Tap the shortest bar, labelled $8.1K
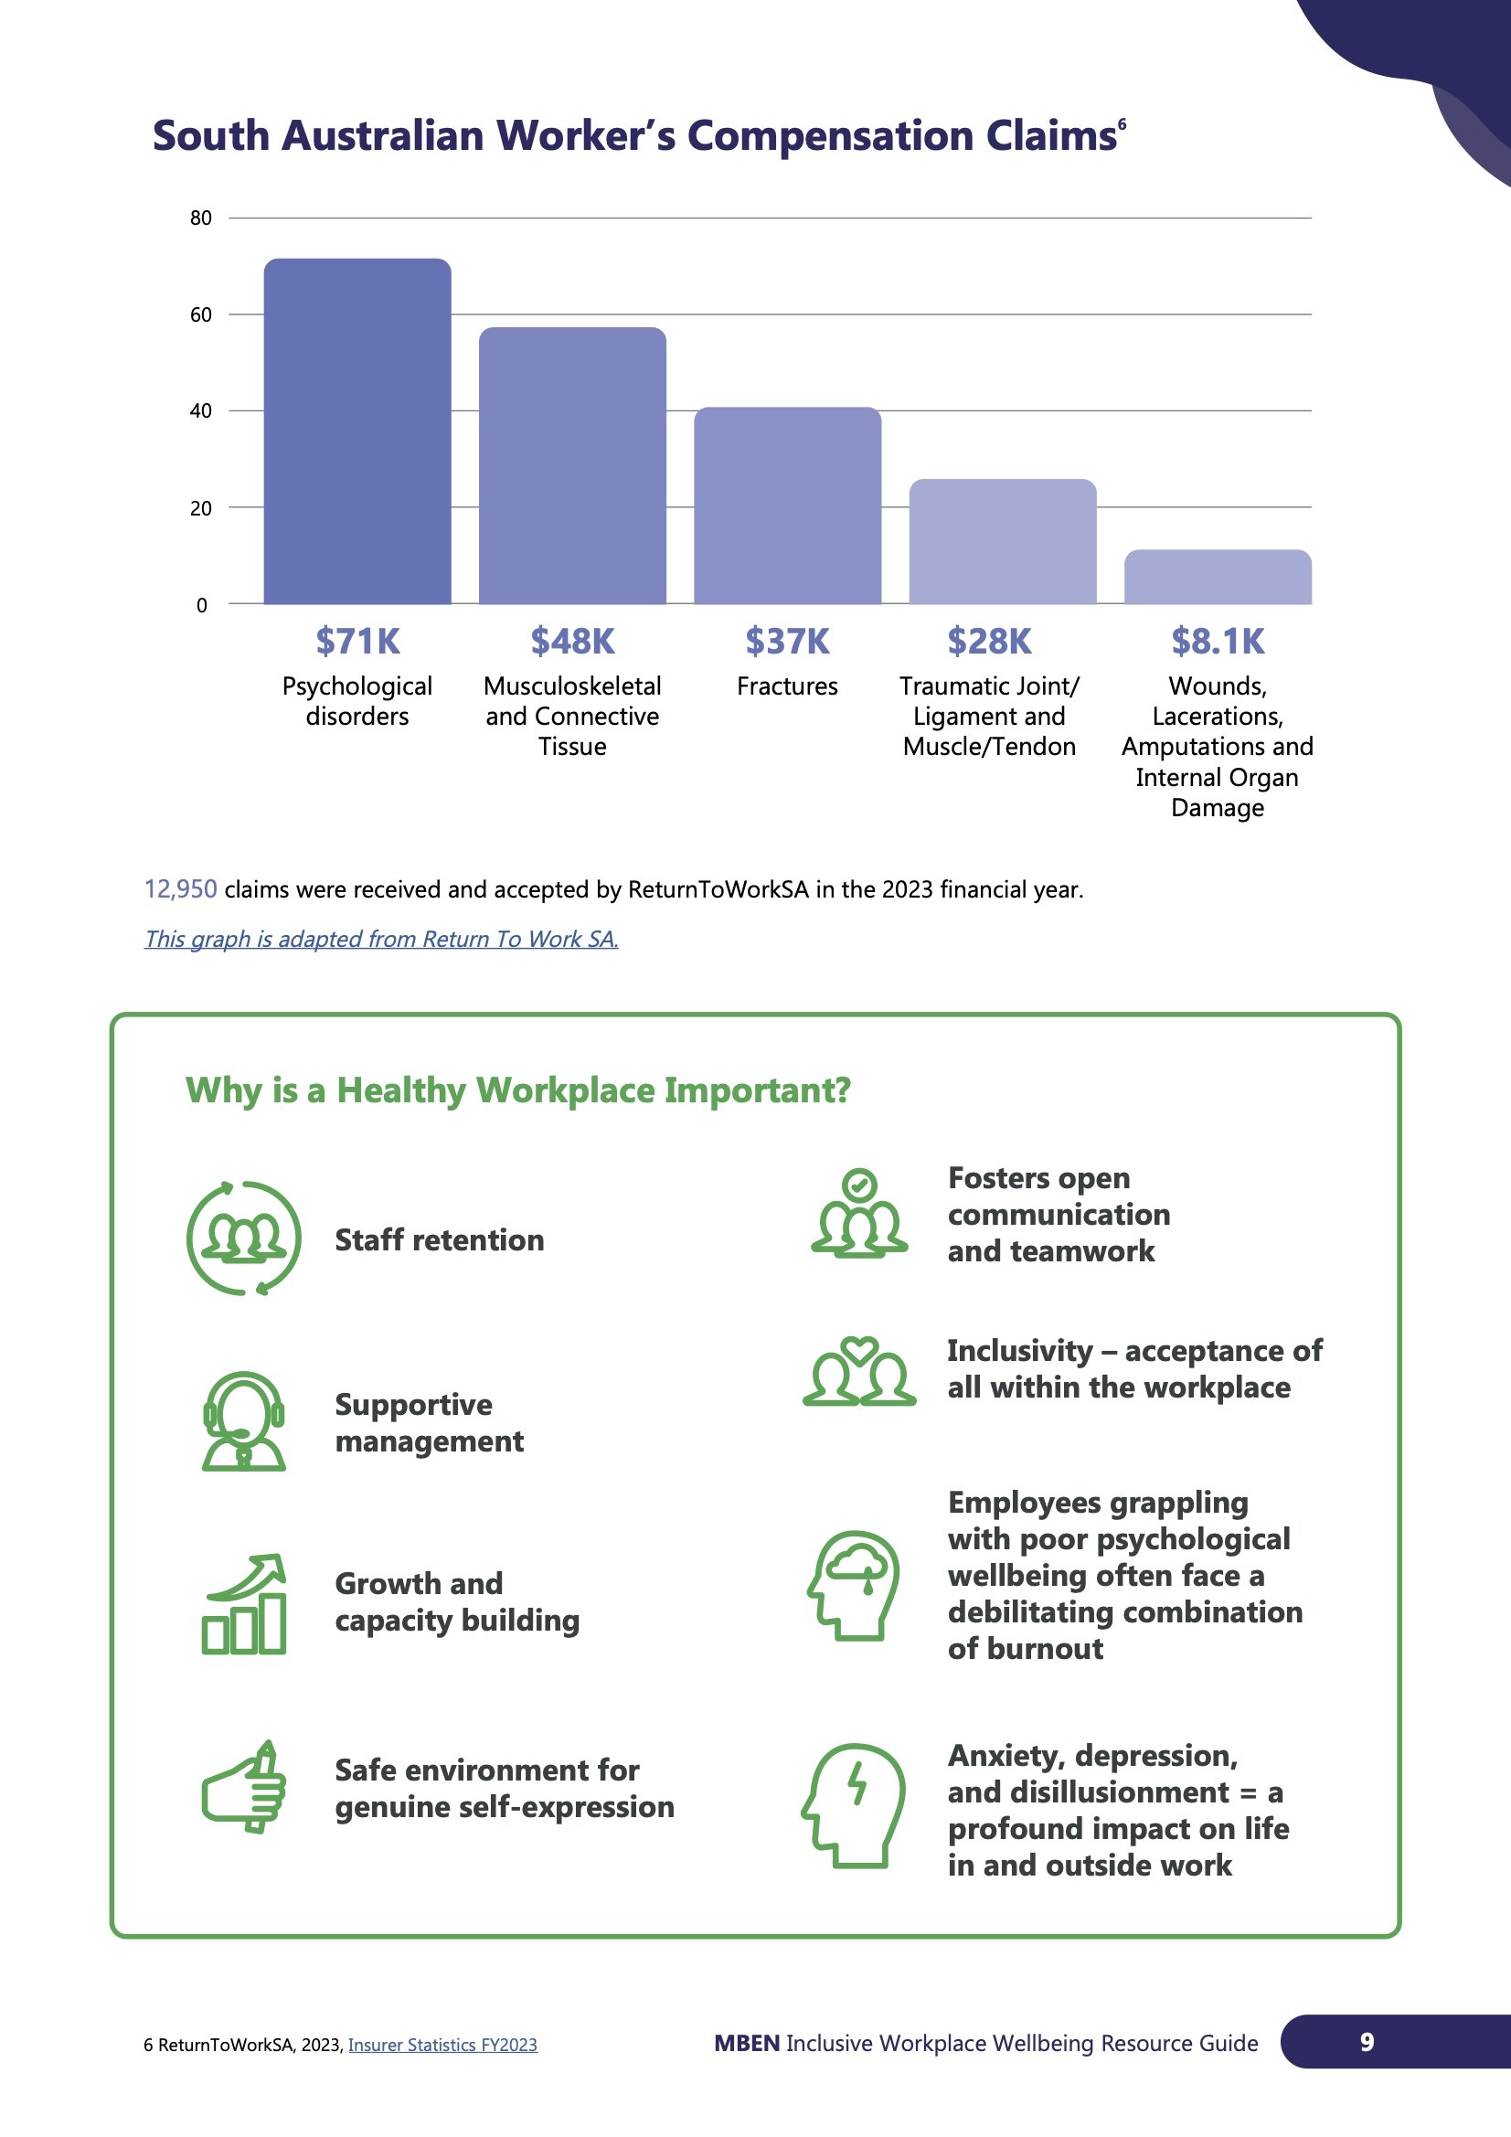[1217, 577]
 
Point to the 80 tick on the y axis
[201, 218]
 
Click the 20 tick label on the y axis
[201, 508]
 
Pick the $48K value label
[572, 642]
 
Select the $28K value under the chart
[989, 642]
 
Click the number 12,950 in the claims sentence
[181, 888]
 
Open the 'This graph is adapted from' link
[381, 938]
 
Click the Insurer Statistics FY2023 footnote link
[442, 2045]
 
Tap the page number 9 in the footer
[1366, 2042]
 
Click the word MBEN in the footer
[747, 2043]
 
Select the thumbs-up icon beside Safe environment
[244, 1787]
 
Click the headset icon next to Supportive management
[244, 1421]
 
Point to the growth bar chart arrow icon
[244, 1604]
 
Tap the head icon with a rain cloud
[854, 1585]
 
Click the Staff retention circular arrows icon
[244, 1238]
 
